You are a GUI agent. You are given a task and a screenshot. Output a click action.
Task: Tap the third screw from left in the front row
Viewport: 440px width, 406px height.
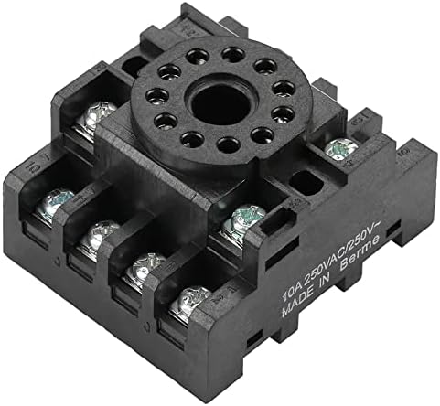144,269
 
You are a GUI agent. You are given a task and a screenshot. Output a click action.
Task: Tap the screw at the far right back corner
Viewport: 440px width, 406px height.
343,146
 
